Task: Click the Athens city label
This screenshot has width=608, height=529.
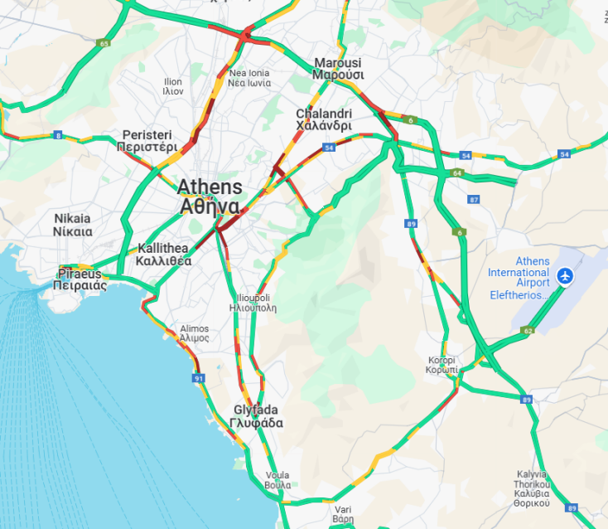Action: tap(210, 197)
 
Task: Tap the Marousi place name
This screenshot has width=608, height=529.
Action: tap(338, 69)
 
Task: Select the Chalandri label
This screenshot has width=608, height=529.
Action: tap(324, 119)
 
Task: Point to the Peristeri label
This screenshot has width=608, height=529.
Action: tap(147, 140)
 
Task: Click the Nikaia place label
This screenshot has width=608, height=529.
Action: tap(72, 225)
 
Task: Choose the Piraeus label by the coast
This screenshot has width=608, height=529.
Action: tap(80, 279)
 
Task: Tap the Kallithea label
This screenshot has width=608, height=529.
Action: tap(164, 254)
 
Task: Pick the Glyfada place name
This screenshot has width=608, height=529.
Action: tap(258, 416)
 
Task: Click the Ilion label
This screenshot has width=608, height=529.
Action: tap(173, 86)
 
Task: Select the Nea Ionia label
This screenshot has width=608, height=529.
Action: tap(249, 78)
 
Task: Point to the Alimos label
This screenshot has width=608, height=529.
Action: tap(195, 333)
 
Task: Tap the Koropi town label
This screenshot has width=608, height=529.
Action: tap(442, 366)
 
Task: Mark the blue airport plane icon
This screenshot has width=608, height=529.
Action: tap(566, 274)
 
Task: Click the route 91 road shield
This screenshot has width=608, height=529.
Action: tap(199, 378)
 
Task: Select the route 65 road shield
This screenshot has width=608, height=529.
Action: tap(103, 43)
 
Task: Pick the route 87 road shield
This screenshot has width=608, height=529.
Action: tap(473, 200)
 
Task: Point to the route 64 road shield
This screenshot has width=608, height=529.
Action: tap(457, 173)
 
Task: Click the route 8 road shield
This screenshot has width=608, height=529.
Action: tap(58, 134)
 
